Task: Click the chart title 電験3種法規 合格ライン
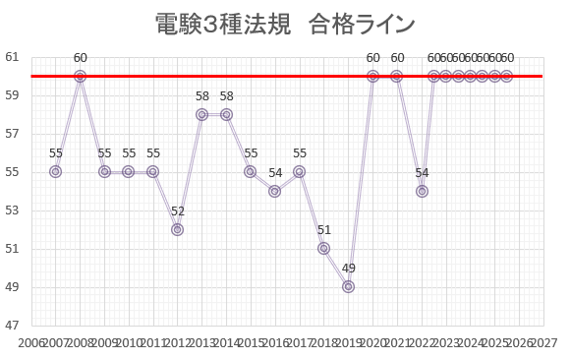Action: pyautogui.click(x=285, y=24)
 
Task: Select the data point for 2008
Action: pyautogui.click(x=80, y=76)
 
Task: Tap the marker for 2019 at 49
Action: pyautogui.click(x=348, y=286)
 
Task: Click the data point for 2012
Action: pyautogui.click(x=177, y=229)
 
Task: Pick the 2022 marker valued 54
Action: pyautogui.click(x=422, y=191)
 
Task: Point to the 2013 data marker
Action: pyautogui.click(x=201, y=114)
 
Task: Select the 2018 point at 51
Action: pyautogui.click(x=323, y=248)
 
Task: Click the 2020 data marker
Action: pyautogui.click(x=372, y=76)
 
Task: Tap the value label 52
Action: pyautogui.click(x=177, y=210)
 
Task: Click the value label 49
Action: pyautogui.click(x=348, y=268)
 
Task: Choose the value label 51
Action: pyautogui.click(x=323, y=230)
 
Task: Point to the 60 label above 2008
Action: pyautogui.click(x=80, y=58)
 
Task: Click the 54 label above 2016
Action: pyautogui.click(x=275, y=172)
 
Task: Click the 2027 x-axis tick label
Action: pyautogui.click(x=543, y=341)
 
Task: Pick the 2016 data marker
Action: pyautogui.click(x=275, y=191)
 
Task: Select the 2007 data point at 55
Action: pyautogui.click(x=55, y=171)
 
